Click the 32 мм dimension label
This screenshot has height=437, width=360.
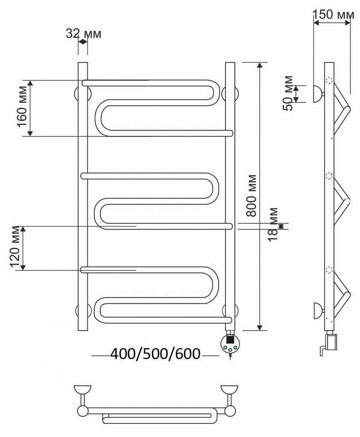click(x=83, y=34)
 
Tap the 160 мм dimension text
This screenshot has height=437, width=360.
click(x=22, y=106)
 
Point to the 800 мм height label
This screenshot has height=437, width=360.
click(x=251, y=196)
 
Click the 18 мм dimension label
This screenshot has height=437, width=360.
click(x=273, y=225)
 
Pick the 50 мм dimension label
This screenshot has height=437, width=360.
click(x=288, y=93)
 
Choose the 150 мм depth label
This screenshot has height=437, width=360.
click(x=333, y=15)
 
